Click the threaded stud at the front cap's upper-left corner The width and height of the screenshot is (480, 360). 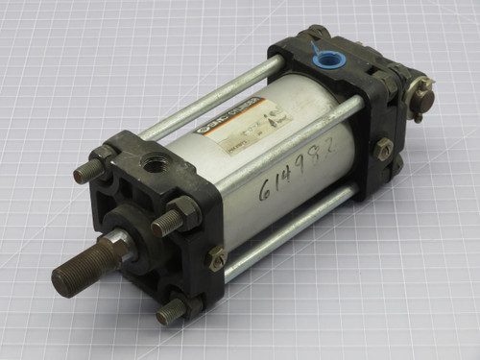88,170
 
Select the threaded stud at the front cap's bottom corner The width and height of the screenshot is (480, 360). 174,310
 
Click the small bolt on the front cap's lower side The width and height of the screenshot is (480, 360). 218,258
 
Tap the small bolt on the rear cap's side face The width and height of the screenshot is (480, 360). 384,149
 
